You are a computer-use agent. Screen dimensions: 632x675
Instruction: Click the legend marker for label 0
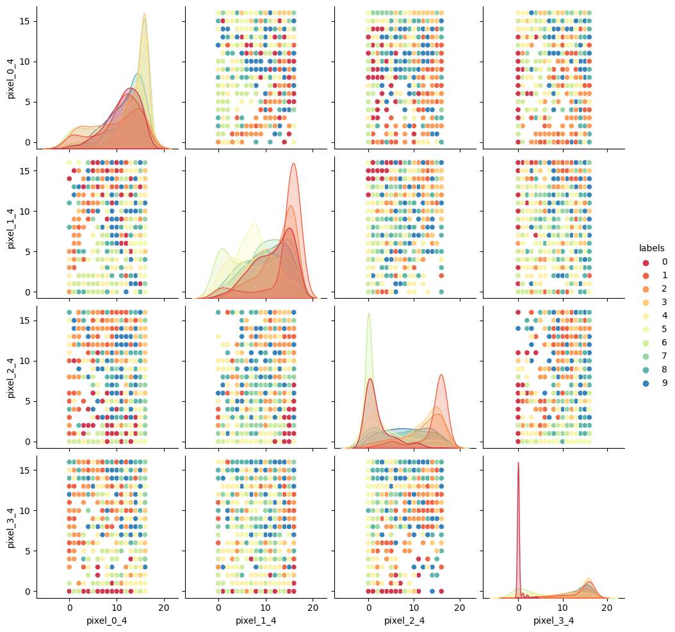[645, 262]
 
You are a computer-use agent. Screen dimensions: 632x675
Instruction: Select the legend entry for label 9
[645, 383]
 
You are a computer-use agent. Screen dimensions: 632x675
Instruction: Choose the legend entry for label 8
[645, 370]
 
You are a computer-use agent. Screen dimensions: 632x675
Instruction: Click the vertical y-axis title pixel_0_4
[12, 77]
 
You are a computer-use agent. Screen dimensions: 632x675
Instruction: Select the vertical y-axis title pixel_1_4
[12, 227]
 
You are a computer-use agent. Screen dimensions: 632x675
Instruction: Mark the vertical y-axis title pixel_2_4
[12, 376]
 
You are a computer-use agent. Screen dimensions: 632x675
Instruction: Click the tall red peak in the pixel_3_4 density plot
[518, 464]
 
